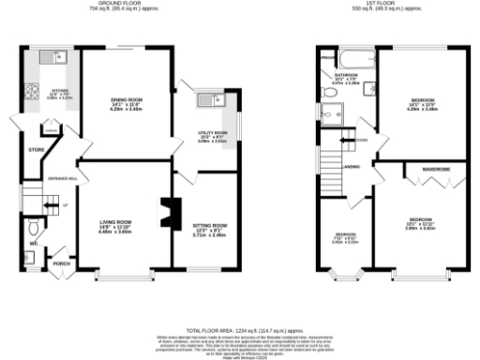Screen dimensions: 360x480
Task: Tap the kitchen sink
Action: click(x=57, y=58)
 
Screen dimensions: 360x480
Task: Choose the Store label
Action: click(x=37, y=149)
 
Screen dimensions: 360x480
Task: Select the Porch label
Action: click(x=61, y=263)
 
